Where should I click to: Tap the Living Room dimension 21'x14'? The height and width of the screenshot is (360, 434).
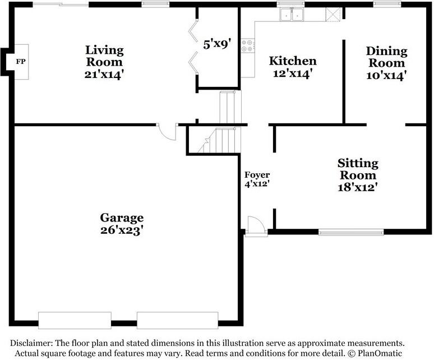click(x=104, y=74)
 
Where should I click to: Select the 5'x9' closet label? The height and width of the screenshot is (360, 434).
click(x=217, y=44)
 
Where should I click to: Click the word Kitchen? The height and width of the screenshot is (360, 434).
click(x=292, y=61)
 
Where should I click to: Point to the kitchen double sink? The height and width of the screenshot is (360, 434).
click(x=292, y=16)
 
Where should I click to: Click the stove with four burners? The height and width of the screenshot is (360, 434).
click(x=247, y=45)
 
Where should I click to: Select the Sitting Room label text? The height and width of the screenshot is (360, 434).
click(x=358, y=169)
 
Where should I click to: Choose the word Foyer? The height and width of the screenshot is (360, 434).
click(x=257, y=175)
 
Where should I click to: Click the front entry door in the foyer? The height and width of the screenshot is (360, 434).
click(x=256, y=227)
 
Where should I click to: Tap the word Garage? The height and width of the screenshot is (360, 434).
click(x=122, y=218)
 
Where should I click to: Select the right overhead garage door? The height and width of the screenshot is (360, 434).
click(x=177, y=320)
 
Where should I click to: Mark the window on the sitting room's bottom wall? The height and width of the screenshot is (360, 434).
click(x=351, y=232)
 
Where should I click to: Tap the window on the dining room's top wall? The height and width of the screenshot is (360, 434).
click(x=387, y=4)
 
